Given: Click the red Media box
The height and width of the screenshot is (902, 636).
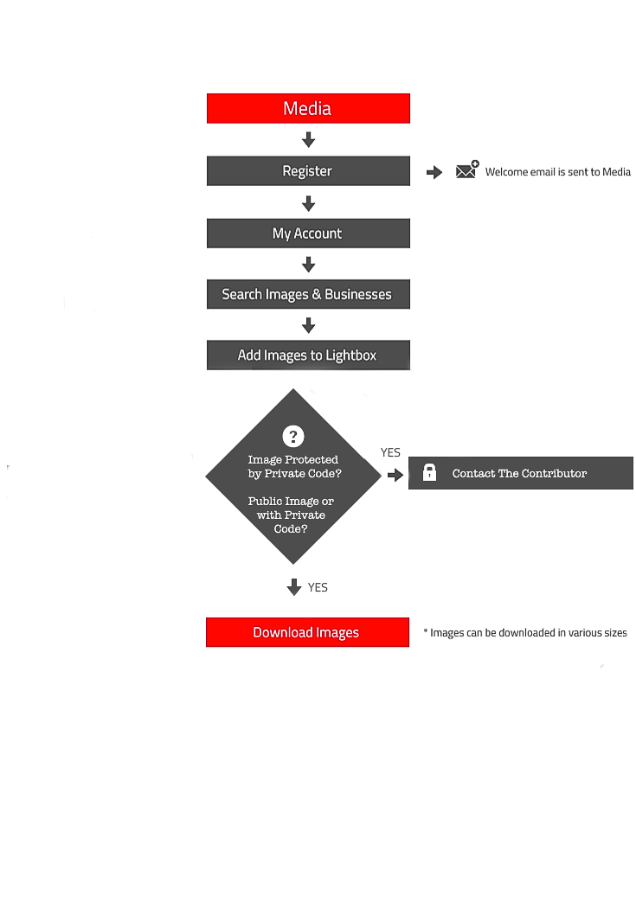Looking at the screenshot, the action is point(308,108).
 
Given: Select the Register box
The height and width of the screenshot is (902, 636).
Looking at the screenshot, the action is point(308,171).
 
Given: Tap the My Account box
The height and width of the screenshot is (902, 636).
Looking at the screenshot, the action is point(308,233).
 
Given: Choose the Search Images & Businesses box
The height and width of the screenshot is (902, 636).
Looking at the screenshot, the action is point(308,294).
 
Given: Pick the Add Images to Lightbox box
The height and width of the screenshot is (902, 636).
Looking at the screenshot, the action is point(308,355).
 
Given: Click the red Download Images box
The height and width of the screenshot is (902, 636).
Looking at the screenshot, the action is point(307,632).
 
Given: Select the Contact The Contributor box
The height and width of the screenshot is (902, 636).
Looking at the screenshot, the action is point(520,473).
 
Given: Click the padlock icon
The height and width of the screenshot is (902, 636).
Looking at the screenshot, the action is point(429,472).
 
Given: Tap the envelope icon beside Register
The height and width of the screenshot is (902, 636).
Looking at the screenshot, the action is point(466,170).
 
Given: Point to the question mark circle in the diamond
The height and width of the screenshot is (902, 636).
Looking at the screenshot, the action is point(293,436).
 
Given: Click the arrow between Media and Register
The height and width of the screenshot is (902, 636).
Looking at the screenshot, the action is point(309,140).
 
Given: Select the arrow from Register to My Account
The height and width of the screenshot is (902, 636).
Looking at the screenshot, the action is point(309,203).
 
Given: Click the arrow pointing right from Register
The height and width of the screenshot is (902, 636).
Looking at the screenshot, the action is point(434,172).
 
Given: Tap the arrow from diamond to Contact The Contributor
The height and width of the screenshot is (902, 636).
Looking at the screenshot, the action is point(395,475).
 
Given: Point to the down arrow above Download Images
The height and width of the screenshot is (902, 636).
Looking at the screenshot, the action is point(294,586).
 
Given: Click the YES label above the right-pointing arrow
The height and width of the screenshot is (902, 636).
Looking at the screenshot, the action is point(390,452).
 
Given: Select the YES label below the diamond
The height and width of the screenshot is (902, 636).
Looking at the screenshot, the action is point(318,587).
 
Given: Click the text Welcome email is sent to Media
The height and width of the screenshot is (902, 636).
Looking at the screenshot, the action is point(558,172).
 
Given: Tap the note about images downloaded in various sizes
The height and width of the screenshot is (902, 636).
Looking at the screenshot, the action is point(525,633).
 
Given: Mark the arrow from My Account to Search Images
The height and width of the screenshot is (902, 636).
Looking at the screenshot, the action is point(309,265).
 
